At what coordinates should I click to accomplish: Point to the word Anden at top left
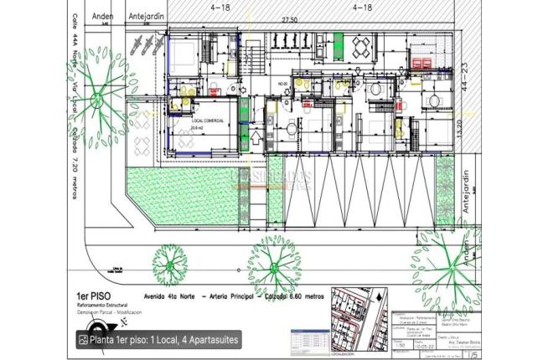tap(102, 15)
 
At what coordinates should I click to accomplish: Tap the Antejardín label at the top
tap(144, 15)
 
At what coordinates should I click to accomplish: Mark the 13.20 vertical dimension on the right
tap(463, 133)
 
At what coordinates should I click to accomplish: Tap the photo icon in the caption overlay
tap(84, 340)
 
